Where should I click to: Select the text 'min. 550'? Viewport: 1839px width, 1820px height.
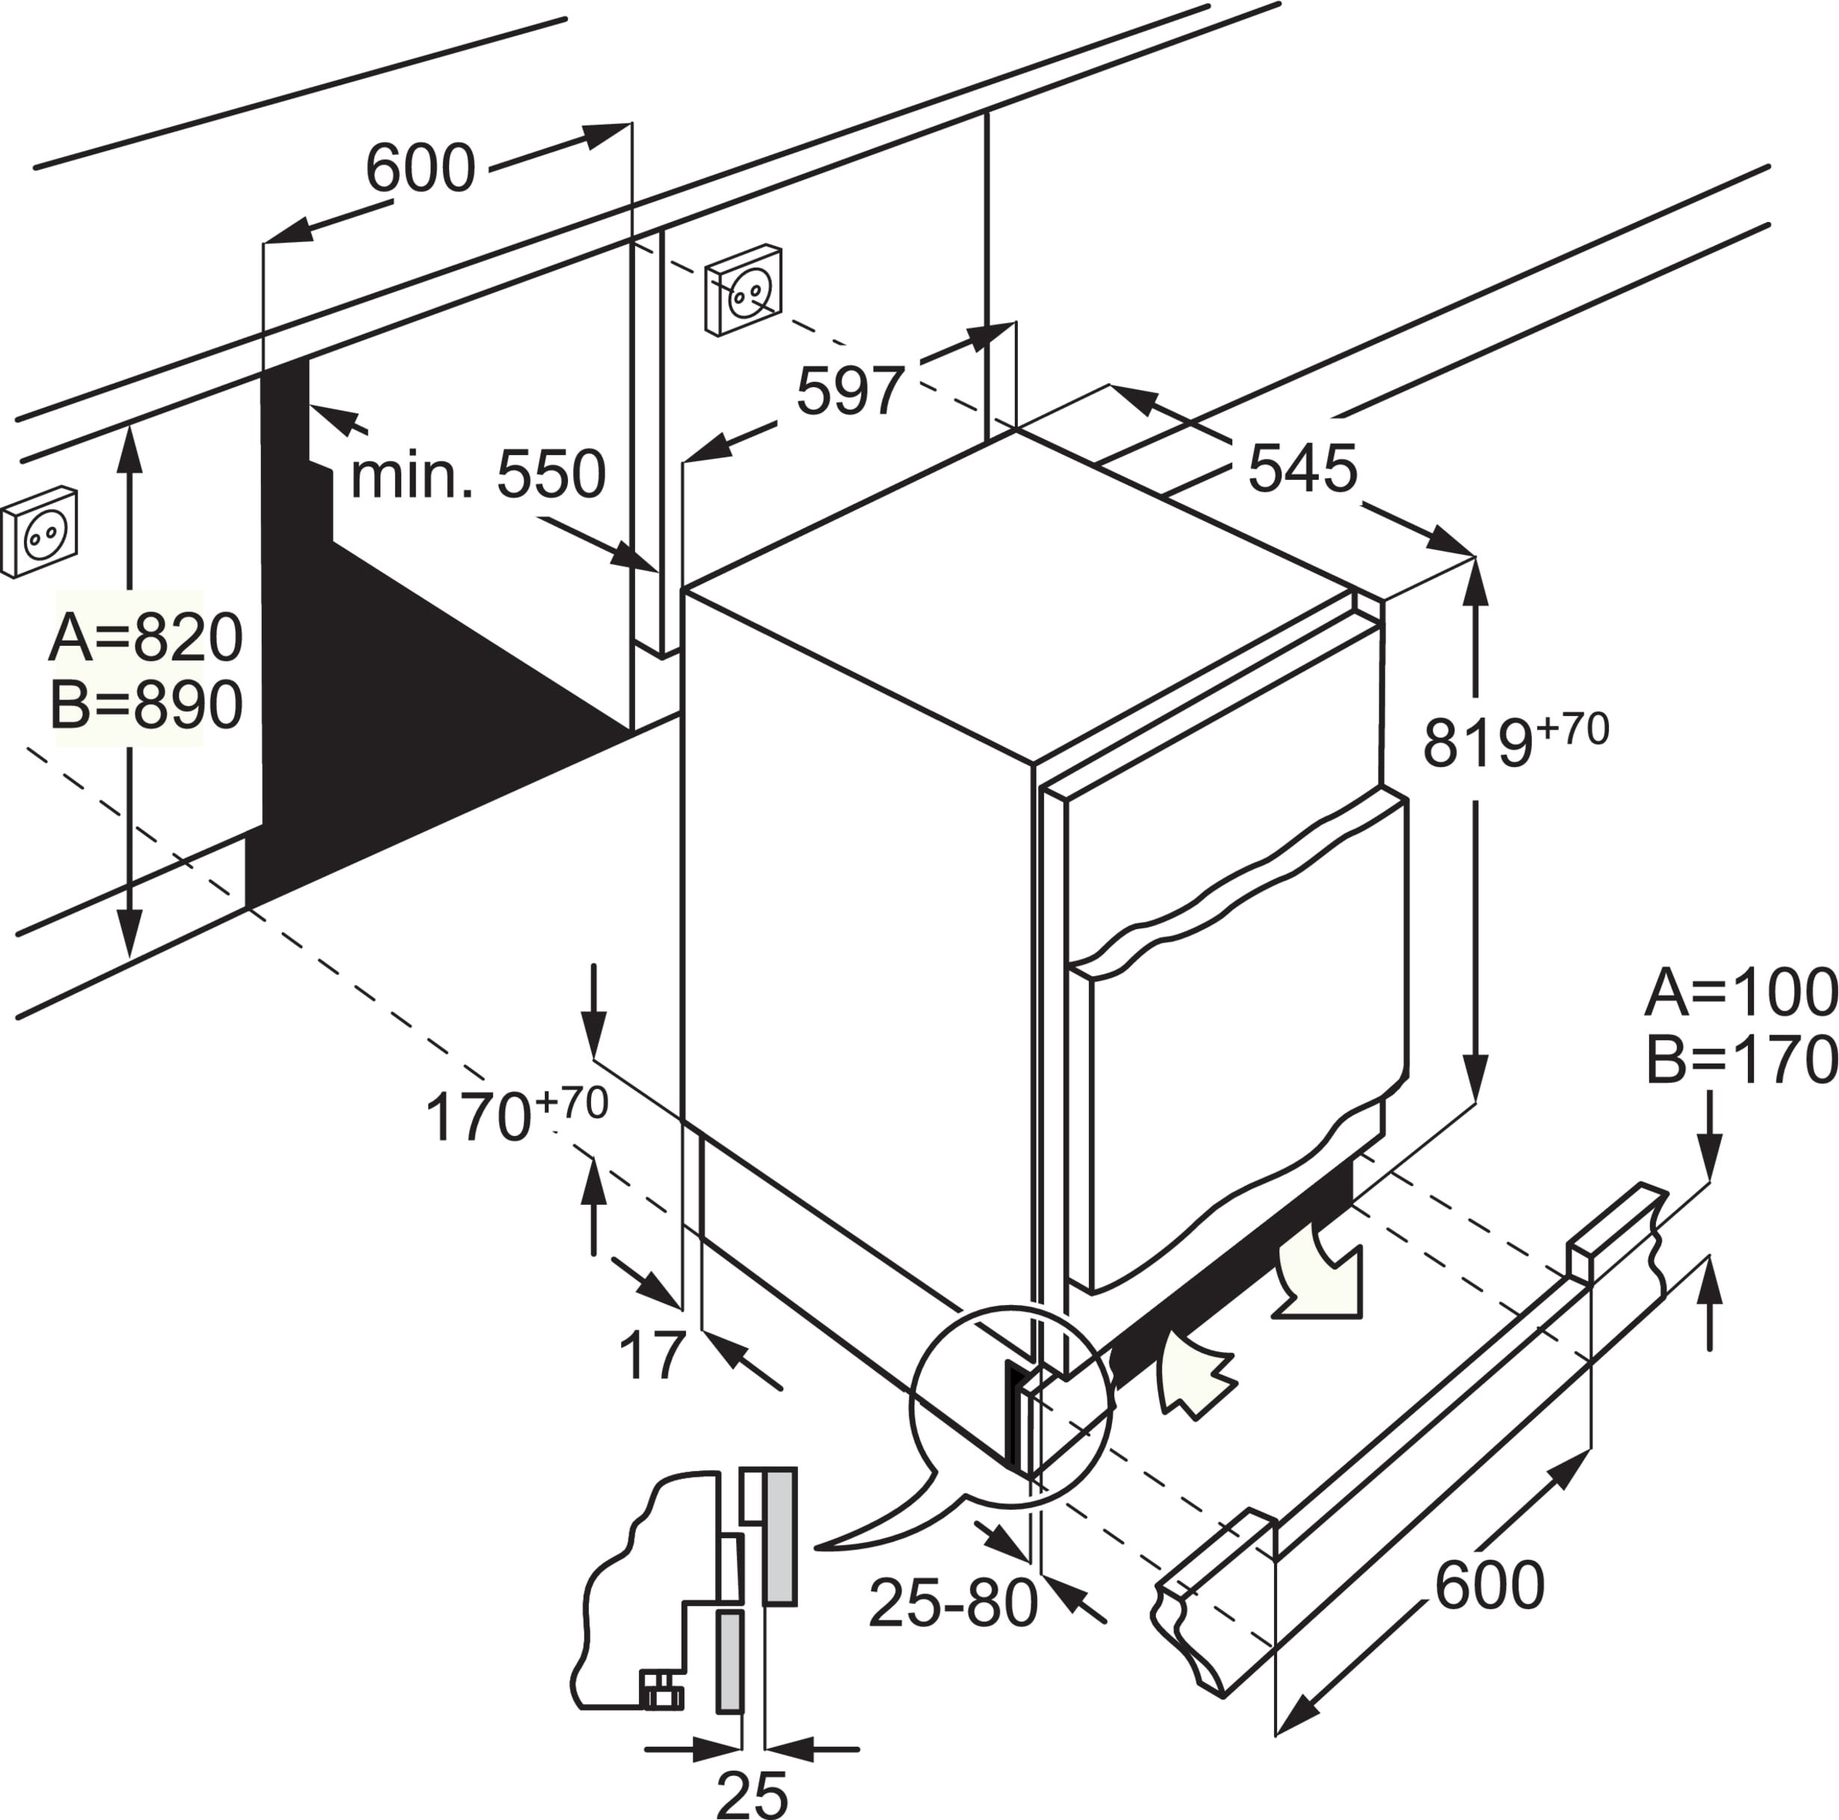tap(477, 475)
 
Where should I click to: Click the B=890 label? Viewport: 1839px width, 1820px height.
tap(146, 706)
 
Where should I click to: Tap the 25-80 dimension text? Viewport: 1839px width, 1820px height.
tap(953, 1603)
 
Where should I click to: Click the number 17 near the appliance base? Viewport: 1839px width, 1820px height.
tap(652, 1356)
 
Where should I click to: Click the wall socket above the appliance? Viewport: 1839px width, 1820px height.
tap(744, 289)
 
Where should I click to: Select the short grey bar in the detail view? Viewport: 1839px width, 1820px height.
tap(730, 1661)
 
